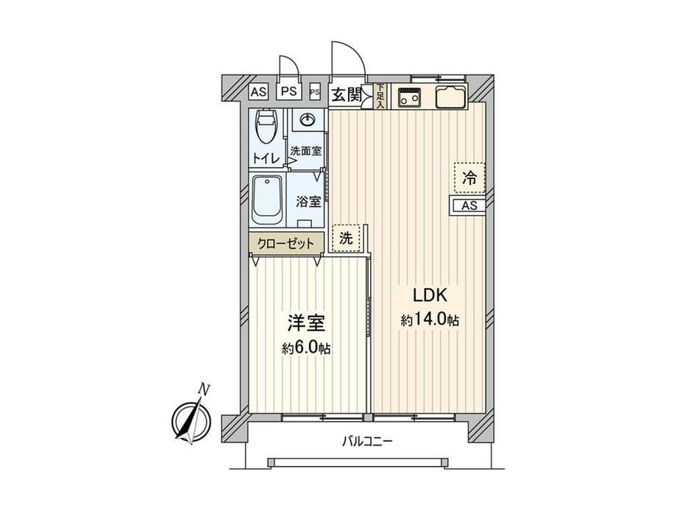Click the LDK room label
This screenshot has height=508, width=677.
point(430,295)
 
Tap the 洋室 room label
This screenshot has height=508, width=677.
point(307,323)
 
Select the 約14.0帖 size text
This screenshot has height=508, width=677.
point(430,320)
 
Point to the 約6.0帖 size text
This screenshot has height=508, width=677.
point(307,348)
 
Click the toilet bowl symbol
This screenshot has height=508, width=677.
point(266,126)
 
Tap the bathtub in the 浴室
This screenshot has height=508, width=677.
point(268,199)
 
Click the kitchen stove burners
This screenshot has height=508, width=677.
point(409,96)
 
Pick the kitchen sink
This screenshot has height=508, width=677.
point(451,96)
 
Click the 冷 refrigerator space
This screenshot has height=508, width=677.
point(469,177)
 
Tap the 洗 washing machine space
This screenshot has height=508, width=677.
point(347,238)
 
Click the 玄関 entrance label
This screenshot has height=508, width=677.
point(346,95)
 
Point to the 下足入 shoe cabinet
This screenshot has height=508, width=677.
point(380,96)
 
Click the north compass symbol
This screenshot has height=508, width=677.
point(192,415)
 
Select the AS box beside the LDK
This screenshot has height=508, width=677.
point(469,205)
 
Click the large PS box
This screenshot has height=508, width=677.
point(289,91)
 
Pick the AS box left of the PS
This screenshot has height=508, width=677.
point(258,92)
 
